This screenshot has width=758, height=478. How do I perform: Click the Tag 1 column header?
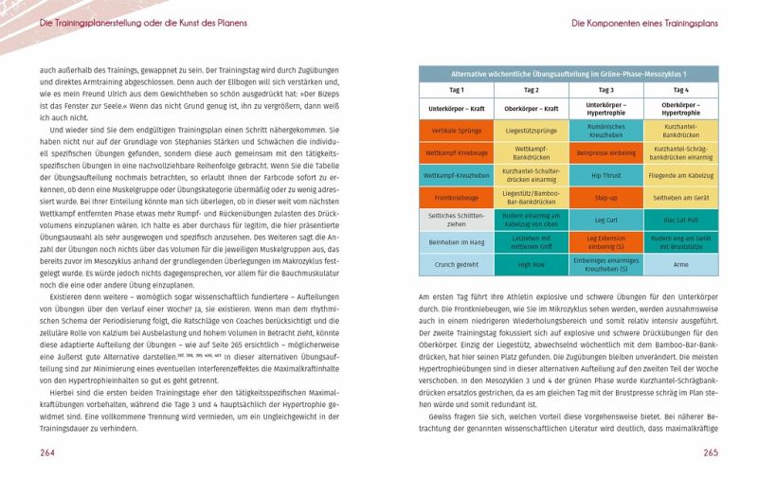point(456,90)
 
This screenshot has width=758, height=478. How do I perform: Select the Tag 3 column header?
point(605,90)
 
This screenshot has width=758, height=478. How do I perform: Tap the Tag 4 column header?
point(680,90)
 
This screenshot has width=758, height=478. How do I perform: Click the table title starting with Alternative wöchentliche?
point(568,73)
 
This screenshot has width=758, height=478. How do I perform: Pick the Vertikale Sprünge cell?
point(456,131)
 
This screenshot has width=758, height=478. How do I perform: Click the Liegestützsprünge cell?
point(531,131)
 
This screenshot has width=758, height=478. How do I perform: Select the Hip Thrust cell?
point(605,175)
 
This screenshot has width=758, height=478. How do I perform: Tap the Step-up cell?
point(605,198)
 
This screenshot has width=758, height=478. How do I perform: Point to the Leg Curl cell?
point(605,220)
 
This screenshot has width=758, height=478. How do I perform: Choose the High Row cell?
point(531,265)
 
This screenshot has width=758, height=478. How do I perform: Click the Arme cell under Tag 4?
point(680,265)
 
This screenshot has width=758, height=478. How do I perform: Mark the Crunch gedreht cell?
point(456,265)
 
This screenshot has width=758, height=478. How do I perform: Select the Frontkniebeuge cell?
point(456,198)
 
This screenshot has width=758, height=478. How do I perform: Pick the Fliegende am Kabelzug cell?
point(680,175)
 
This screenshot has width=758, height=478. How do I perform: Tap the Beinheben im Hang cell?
point(456,242)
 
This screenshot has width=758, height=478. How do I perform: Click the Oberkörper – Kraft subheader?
point(531,109)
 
